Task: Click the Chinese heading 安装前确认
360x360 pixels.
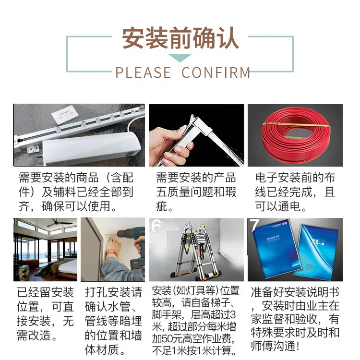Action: click(180, 38)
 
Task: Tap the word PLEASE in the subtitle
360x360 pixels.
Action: click(143, 72)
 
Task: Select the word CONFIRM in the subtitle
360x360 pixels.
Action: click(216, 72)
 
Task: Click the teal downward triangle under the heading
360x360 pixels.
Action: click(180, 58)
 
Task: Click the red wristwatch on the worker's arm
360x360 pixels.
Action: click(112, 252)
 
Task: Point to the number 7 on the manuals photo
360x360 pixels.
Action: click(254, 225)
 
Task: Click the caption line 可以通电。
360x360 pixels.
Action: click(281, 206)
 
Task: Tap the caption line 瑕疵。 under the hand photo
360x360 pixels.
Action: click(165, 206)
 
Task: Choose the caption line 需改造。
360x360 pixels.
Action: click(37, 335)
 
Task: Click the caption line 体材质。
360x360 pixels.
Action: click(105, 349)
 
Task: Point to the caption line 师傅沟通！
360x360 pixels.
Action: click(276, 346)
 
